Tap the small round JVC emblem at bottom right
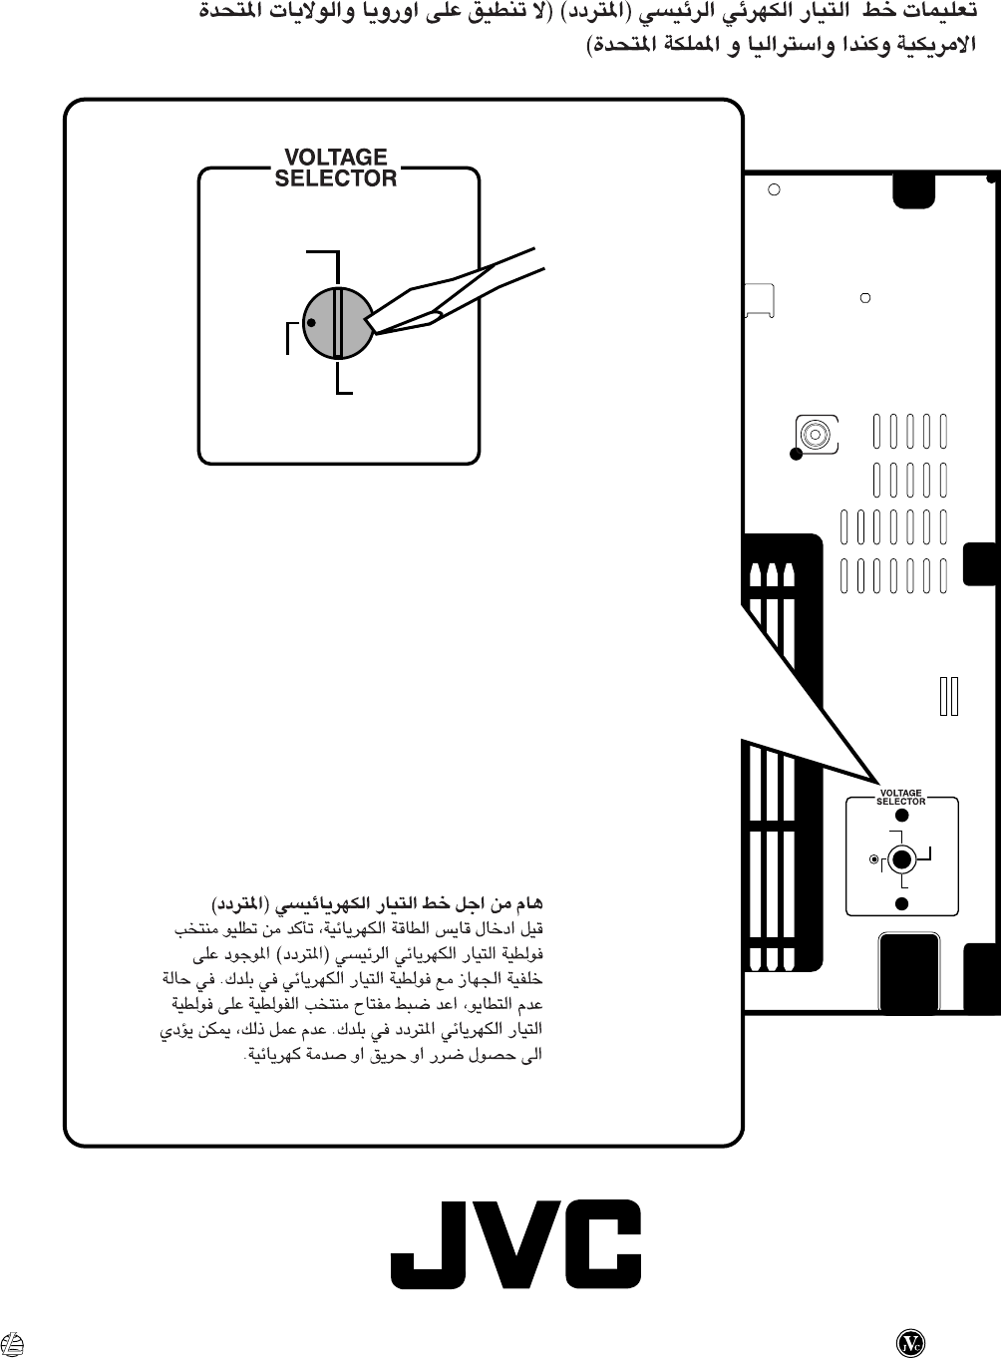tap(909, 1341)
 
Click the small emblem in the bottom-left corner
tap(14, 1342)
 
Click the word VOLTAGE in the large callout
tap(335, 158)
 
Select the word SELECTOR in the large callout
tap(335, 179)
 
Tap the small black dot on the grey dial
tap(312, 323)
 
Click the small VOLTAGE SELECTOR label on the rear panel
tap(901, 797)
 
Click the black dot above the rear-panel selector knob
tap(901, 815)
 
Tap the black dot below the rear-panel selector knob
tap(901, 903)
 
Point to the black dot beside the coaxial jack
tap(796, 456)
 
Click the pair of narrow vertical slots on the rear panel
tap(948, 696)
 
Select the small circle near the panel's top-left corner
tap(773, 187)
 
